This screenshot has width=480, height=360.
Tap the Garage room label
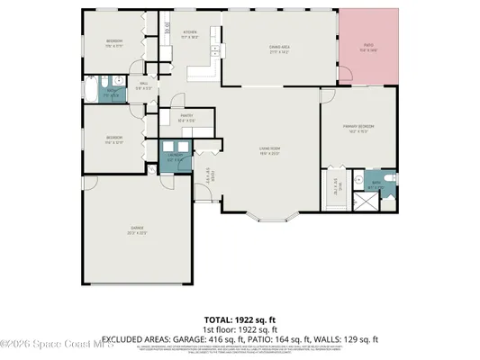[136, 231]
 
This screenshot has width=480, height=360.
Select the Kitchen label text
[190, 33]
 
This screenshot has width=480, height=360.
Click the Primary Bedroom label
[358, 127]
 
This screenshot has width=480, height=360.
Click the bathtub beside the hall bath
[93, 91]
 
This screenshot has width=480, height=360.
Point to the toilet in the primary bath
[390, 179]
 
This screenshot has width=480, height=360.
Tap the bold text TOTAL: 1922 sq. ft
[240, 319]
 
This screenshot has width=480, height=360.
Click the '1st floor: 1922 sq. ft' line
[240, 328]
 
